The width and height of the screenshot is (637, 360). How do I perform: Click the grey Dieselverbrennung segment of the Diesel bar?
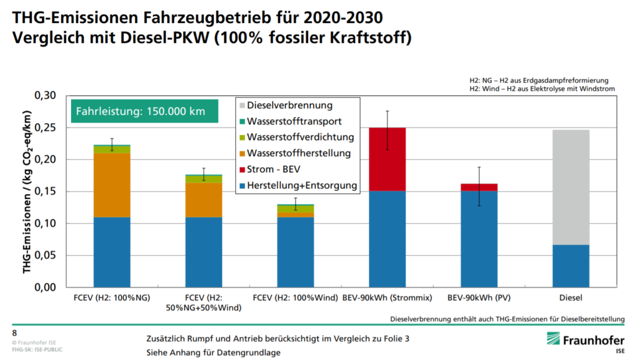(x=570, y=187)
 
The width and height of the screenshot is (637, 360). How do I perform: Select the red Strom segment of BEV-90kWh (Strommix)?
(x=388, y=159)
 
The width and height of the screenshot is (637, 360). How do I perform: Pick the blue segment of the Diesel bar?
(x=570, y=266)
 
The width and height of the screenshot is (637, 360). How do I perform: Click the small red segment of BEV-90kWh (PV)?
(x=479, y=187)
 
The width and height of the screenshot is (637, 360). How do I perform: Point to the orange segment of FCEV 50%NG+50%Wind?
(x=203, y=200)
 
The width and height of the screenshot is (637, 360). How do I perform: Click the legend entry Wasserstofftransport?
(x=294, y=121)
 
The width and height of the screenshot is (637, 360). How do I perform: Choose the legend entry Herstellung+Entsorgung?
(x=302, y=185)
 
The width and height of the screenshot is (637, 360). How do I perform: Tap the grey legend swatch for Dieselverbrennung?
(x=241, y=106)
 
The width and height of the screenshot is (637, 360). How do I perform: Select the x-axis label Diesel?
(x=570, y=298)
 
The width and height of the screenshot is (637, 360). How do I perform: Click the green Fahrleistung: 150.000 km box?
(x=144, y=111)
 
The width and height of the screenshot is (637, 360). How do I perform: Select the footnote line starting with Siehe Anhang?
(x=213, y=352)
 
